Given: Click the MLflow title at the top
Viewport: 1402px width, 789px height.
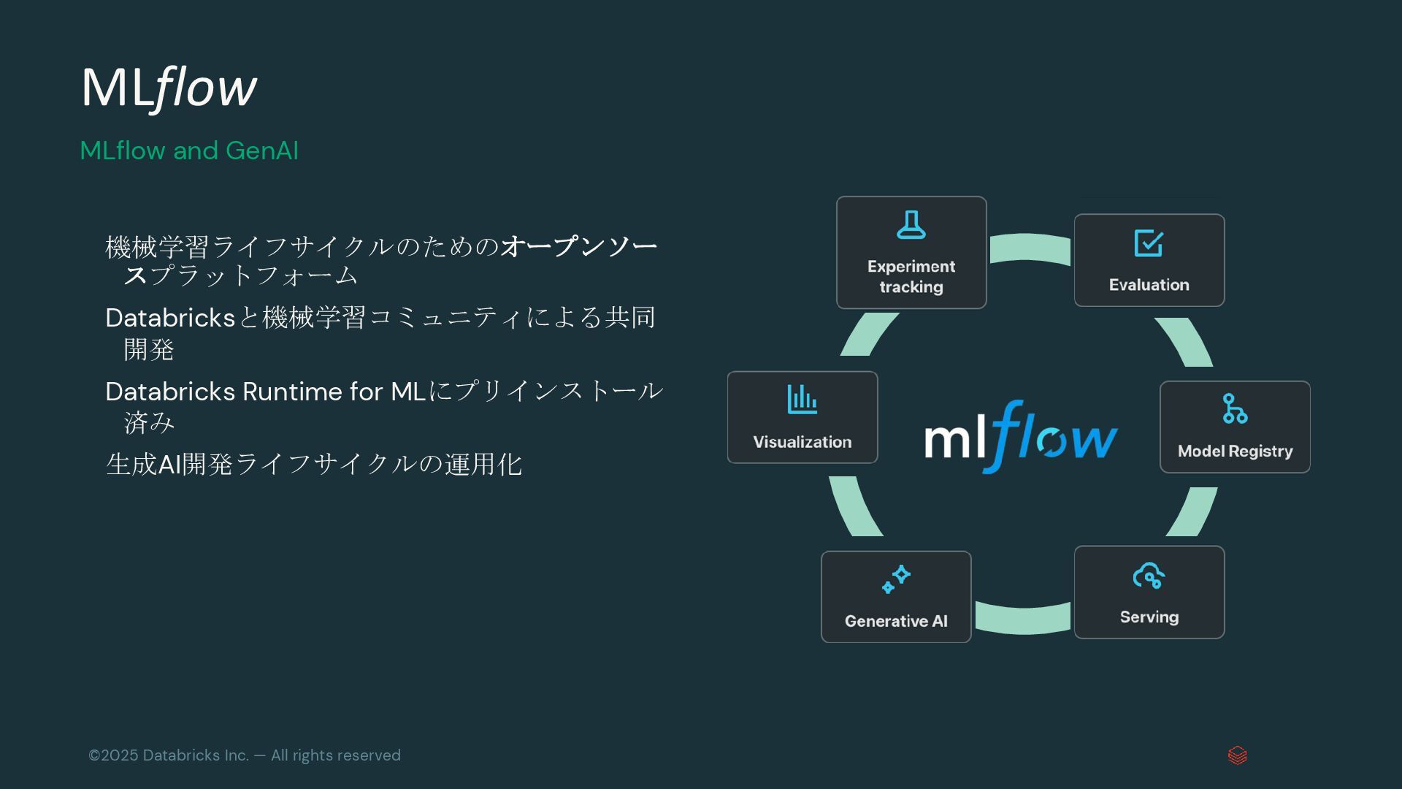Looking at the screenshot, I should coord(169,88).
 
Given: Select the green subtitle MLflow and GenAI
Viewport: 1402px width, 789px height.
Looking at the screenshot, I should coord(189,150).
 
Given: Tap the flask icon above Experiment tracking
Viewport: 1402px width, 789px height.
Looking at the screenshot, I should coord(911,225).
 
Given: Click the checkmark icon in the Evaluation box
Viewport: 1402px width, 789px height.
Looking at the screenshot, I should coord(1149,243).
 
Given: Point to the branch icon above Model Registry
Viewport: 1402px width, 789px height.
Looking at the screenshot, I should coord(1235,408).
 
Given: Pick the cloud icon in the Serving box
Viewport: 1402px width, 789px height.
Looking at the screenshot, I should coord(1149,576).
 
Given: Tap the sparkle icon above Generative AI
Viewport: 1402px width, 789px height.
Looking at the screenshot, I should coord(896,579).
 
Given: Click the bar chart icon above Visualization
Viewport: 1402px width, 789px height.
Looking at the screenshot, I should coord(802,400).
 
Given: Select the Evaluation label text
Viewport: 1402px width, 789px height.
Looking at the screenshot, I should coord(1149,285).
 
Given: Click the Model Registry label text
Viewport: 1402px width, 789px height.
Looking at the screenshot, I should coord(1235,451).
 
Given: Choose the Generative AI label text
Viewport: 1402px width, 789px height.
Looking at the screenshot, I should coord(896,621).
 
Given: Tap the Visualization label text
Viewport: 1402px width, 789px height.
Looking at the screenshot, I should coord(802,442).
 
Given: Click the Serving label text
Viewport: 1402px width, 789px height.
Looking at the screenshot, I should coord(1149,617).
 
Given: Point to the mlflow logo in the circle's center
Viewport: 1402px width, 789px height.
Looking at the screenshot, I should coord(1021,436).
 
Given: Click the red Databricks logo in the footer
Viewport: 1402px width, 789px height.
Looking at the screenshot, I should coord(1237,755).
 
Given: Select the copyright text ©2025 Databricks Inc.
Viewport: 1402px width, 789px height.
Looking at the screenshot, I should coord(245,755).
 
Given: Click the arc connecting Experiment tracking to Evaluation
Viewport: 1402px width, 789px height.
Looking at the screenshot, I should coord(1030,247).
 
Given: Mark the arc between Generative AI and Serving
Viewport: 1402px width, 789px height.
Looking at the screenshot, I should coord(1022,619).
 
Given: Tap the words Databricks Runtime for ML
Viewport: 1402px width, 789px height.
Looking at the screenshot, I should coord(265,392).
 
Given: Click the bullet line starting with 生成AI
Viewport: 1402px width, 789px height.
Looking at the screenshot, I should coord(314,465).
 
